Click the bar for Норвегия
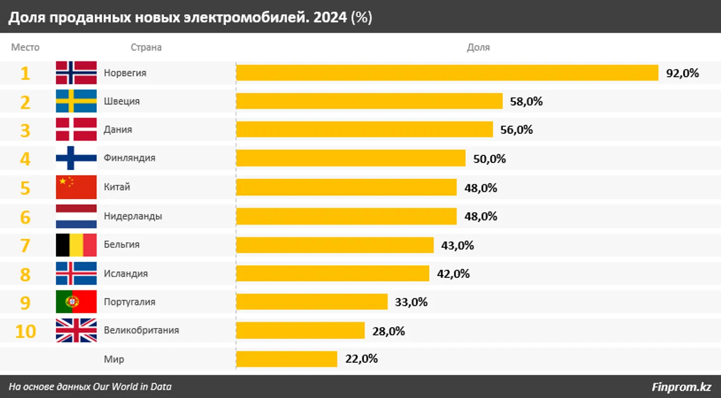coord(447,73)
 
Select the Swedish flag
coord(76,101)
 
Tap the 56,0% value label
coord(516,130)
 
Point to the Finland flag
coord(76,158)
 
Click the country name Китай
coord(117,187)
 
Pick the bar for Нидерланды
coord(346,216)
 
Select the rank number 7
coord(25,245)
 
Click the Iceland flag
coord(76,273)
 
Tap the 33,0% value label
coord(411,302)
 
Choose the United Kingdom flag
coord(76,330)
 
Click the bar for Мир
coord(286,359)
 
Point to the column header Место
coord(25,48)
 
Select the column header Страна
coord(146,48)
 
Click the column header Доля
coord(478,48)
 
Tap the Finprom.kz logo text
coord(681,387)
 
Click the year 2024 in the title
coord(330,17)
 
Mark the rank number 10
coord(25,331)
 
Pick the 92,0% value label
coord(682,73)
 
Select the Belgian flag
coord(76,245)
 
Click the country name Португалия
coord(129,302)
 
